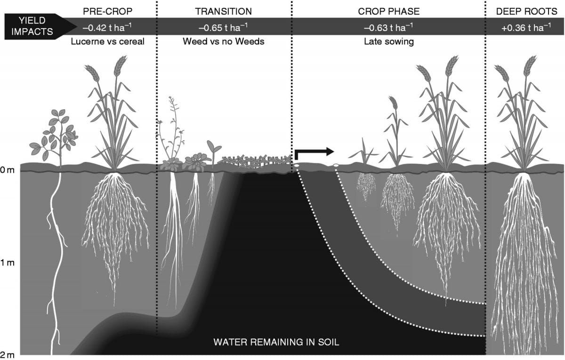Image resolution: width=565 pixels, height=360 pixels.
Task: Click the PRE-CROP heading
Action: pyautogui.click(x=107, y=11)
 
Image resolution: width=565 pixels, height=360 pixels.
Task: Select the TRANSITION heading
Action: pyautogui.click(x=223, y=11)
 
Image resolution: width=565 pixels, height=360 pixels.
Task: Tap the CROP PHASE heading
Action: pyautogui.click(x=388, y=11)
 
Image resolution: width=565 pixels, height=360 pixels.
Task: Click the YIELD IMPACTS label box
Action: pyautogui.click(x=33, y=27)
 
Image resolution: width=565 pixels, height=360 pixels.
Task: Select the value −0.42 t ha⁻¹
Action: pyautogui.click(x=107, y=27)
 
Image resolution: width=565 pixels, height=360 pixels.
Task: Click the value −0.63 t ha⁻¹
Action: pyautogui.click(x=388, y=27)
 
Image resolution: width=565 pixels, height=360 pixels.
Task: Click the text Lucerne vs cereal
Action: pyautogui.click(x=107, y=41)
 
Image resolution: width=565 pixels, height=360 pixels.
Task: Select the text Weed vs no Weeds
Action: pyautogui.click(x=223, y=41)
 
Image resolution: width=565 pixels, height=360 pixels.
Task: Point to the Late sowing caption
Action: pyautogui.click(x=388, y=41)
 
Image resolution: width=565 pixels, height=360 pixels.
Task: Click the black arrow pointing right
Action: pyautogui.click(x=314, y=152)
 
